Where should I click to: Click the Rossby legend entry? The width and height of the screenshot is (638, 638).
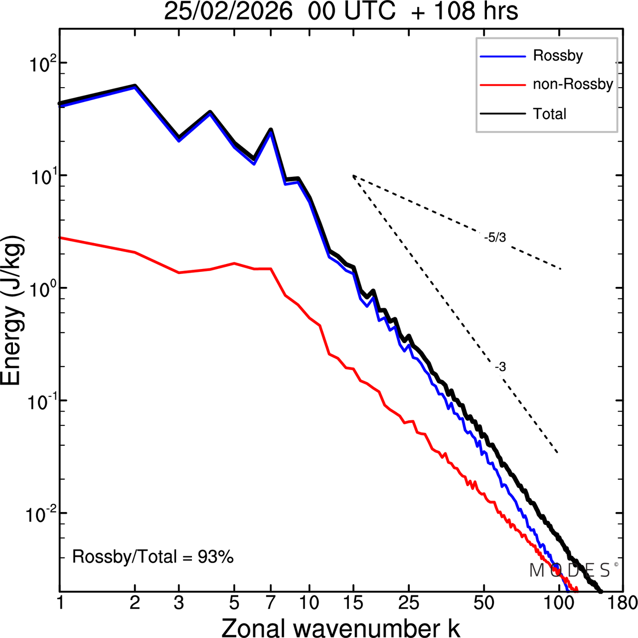point(557,55)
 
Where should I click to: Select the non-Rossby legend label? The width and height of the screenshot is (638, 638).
point(573,84)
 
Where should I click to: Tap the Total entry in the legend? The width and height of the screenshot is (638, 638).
point(549,114)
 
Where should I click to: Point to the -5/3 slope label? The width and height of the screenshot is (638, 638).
point(495,238)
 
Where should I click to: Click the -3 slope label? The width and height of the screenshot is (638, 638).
point(500,368)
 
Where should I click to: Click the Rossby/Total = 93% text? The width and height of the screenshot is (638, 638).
point(153,557)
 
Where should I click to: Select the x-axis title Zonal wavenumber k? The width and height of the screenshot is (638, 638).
point(341,628)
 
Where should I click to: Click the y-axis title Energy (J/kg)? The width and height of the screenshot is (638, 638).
point(13,309)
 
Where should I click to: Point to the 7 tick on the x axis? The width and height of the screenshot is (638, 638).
point(271,603)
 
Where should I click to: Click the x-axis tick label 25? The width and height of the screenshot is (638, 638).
point(409,603)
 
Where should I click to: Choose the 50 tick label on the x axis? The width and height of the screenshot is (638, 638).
point(483,603)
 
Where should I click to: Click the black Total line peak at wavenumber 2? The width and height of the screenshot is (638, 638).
point(135,86)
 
